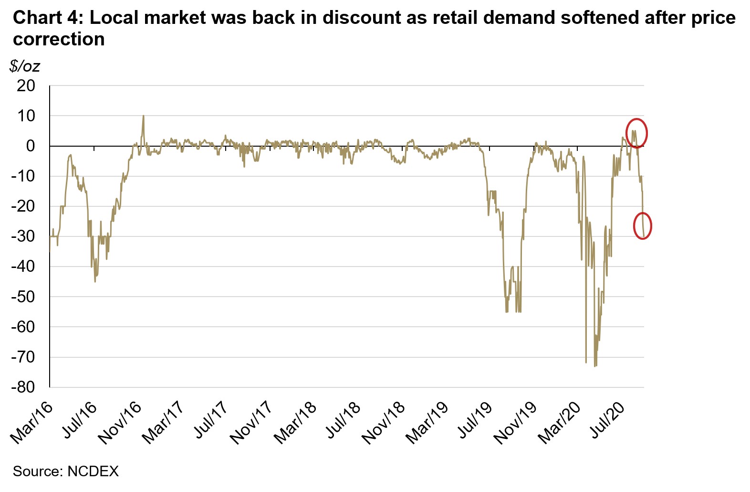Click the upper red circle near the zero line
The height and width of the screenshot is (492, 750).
[636, 132]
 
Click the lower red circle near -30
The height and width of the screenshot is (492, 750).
[642, 226]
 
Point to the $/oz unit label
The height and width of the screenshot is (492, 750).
[24, 66]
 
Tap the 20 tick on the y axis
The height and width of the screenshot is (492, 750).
[26, 86]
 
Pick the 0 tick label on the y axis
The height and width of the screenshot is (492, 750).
[31, 146]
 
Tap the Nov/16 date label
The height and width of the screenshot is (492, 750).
[120, 423]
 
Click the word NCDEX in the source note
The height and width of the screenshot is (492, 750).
[93, 471]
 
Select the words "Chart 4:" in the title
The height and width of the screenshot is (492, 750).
[47, 18]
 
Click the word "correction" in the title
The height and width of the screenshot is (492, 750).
[59, 39]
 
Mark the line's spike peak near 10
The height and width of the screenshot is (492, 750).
[143, 116]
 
